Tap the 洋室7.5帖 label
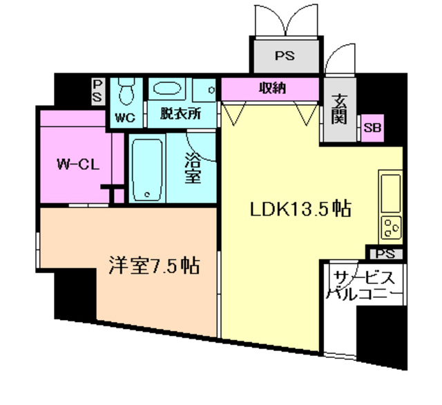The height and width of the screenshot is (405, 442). tap(154, 265)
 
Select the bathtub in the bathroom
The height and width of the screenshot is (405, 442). tap(146, 169)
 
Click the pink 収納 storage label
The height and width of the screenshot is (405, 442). tap(272, 89)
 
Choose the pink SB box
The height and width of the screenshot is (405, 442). tap(373, 128)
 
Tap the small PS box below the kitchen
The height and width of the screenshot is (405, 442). tap(385, 254)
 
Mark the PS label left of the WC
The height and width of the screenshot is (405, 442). tap(97, 91)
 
